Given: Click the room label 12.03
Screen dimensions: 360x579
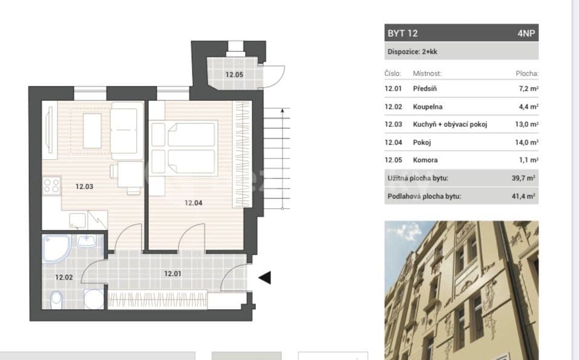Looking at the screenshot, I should tap(84, 186).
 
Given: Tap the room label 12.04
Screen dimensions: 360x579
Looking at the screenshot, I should tap(194, 203).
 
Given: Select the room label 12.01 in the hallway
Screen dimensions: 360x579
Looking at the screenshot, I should tap(174, 273).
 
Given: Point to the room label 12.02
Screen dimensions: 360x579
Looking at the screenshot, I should tap(64, 278).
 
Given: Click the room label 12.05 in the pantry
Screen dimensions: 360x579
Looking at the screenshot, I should tap(234, 75).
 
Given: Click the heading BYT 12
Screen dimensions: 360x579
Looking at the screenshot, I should tap(402, 33).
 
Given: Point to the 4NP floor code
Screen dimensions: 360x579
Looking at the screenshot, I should tap(526, 33).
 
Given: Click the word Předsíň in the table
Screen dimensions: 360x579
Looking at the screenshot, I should tap(426, 88).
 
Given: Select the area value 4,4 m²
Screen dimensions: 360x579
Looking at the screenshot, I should tap(529, 106).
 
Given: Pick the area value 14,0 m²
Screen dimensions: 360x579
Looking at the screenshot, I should tap(528, 143).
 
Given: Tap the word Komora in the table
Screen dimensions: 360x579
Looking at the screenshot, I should tap(425, 160).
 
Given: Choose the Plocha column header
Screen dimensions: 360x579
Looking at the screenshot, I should tap(526, 73).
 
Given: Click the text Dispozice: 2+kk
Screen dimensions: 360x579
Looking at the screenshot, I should tap(412, 52).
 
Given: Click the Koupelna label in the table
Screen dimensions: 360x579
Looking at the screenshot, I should tap(428, 106).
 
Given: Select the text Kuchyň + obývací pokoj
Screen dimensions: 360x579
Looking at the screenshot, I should tap(450, 125).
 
